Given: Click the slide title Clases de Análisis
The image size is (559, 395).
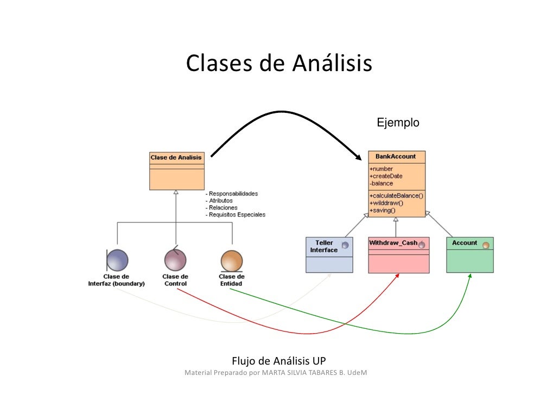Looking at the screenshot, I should tap(279, 63).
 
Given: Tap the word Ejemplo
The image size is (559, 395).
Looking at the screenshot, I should tap(398, 123).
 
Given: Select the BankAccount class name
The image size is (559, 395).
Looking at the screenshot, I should tap(396, 157).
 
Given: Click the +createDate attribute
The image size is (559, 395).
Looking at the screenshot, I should tap(385, 176).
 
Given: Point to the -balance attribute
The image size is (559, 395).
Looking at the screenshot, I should tap(382, 183).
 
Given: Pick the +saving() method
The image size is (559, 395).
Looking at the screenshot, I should tap(383, 210).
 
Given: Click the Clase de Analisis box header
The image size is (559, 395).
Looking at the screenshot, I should tap(176, 158).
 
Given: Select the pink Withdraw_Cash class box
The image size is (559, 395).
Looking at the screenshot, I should tap(398, 254).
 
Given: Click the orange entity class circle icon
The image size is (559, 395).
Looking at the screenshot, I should tap(232, 260).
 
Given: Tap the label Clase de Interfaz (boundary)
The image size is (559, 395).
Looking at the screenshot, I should tap(116, 280).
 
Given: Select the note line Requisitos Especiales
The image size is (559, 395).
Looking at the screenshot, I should tap(236, 215).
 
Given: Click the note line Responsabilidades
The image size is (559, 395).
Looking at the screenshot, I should tap(232, 194).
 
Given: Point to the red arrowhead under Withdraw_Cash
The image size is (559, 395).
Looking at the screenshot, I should tap(398, 276).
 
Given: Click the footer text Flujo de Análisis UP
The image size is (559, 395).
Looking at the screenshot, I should tap(279, 361).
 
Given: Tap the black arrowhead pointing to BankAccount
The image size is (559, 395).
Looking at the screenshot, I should tap(359, 157).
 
